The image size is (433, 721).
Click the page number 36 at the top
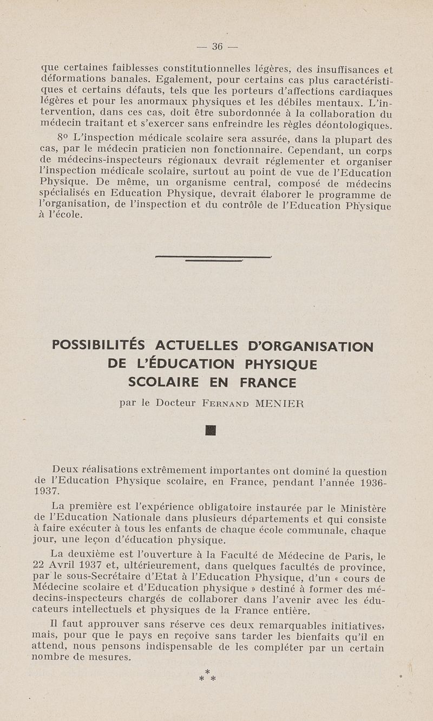[x=218, y=47]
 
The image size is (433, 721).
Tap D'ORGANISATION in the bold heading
[x=310, y=346]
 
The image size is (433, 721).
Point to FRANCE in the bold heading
[x=268, y=383]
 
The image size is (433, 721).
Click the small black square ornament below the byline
[x=211, y=431]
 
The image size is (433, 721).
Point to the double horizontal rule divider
[x=213, y=258]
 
